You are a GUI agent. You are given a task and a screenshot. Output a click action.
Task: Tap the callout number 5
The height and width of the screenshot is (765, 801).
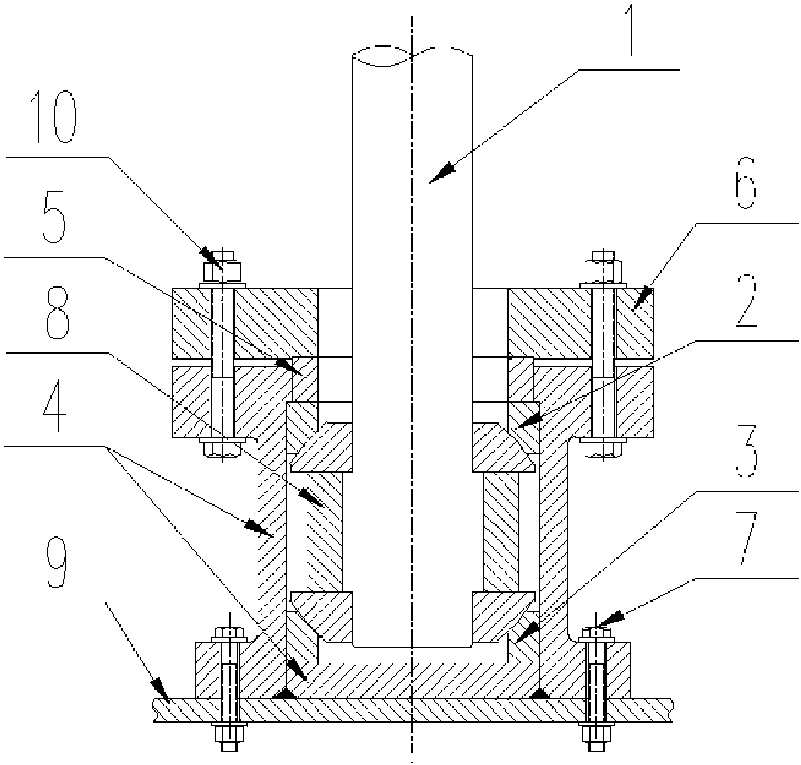[54, 224]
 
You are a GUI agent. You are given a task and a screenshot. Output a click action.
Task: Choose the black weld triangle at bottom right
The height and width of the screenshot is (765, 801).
[540, 693]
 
